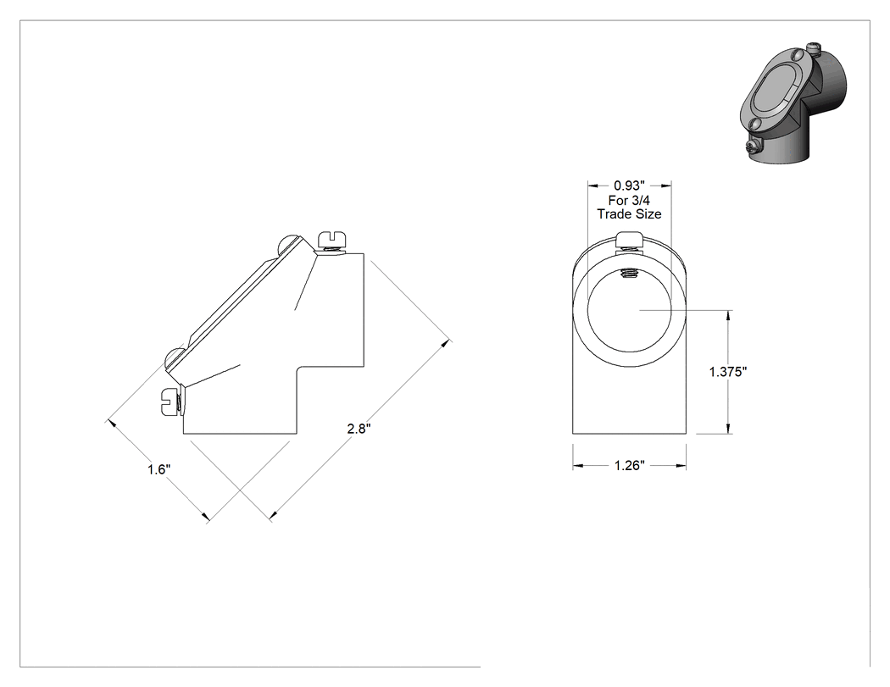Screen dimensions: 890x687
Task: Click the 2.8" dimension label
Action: [359, 429]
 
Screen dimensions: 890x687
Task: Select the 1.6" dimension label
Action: [159, 469]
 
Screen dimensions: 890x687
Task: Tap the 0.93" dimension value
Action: [630, 186]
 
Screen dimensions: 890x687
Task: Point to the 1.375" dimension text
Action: [728, 372]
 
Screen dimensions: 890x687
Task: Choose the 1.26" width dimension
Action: [630, 465]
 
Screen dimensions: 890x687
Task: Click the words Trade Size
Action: [630, 213]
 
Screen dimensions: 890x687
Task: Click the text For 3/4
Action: [629, 200]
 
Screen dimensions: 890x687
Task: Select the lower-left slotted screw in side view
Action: [171, 402]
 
